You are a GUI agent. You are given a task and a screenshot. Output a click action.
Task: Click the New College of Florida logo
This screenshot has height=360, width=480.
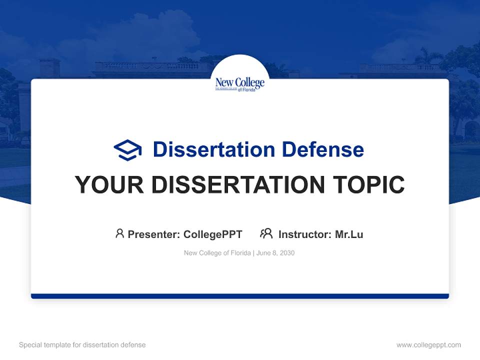tap(240, 84)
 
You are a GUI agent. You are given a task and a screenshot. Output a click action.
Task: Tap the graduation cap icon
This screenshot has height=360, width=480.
tap(127, 150)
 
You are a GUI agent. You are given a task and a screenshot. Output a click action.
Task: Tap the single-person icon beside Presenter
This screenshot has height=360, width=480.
tap(119, 233)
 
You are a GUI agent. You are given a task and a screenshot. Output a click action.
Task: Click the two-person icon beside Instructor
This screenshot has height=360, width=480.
tap(266, 233)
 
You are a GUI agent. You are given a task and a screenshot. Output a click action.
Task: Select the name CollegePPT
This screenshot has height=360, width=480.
tap(212, 234)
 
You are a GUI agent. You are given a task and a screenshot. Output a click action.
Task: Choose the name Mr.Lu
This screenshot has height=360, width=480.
tap(349, 234)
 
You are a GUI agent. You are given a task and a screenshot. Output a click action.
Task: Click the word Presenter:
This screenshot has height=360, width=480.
tap(154, 234)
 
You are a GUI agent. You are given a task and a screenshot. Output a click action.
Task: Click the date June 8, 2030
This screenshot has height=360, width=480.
tap(275, 253)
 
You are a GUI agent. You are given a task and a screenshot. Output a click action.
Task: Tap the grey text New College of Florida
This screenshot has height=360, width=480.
tap(217, 253)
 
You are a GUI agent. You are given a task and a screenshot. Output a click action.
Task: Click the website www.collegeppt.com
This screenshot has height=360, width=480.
tap(428, 345)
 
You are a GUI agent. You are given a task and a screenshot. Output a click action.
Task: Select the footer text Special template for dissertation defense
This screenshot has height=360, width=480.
tap(82, 345)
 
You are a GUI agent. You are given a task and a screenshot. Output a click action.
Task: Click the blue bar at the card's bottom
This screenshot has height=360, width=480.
tap(240, 296)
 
